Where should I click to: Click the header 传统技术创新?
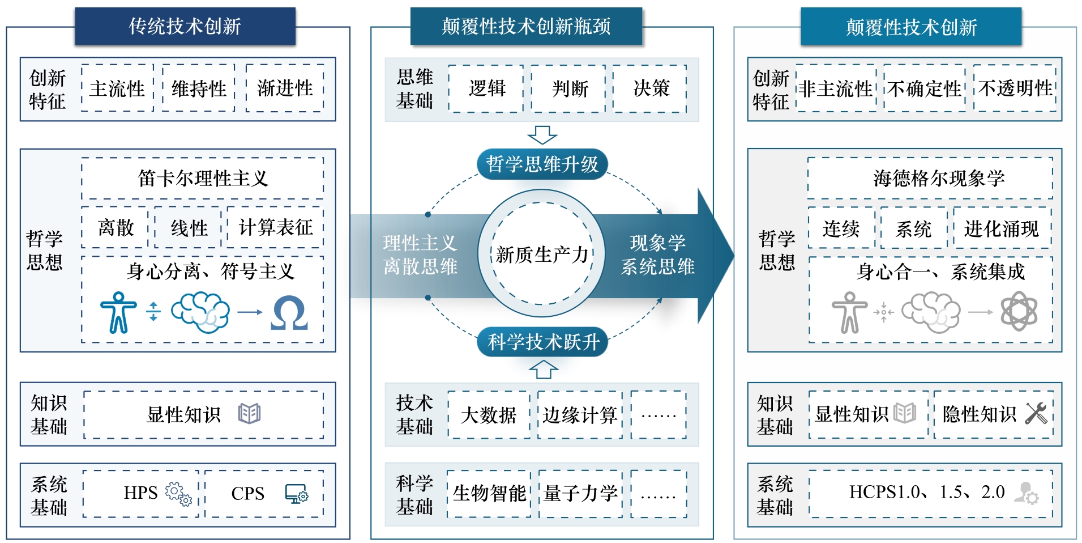pos(185,26)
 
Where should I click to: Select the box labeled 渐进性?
pos(285,88)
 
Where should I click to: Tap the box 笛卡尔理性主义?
pos(203,179)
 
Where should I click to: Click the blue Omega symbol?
pos(289,313)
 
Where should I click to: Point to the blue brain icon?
pos(200,312)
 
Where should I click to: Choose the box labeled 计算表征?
pos(275,228)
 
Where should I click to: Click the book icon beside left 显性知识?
pos(249,414)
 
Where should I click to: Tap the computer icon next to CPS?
pos(297,494)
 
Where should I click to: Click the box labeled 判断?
pos(570,88)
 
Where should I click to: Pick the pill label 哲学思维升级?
pos(542,164)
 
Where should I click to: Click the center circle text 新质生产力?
pos(542,254)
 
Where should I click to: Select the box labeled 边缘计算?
pos(580,415)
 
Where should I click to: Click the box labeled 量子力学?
pos(580,493)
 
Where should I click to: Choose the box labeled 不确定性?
pos(924,89)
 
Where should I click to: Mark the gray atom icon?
pos(1019,311)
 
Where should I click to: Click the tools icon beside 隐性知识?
pos(1036,413)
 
